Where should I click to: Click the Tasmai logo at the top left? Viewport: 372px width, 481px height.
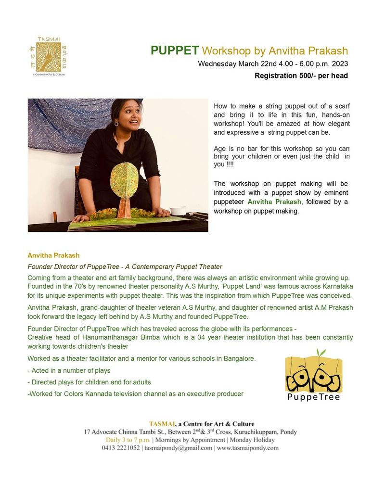click(x=48, y=56)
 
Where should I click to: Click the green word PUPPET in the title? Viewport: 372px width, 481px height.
click(x=175, y=51)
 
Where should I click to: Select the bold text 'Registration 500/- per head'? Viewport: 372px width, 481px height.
click(x=301, y=76)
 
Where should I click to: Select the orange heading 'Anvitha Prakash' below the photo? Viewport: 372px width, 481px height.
click(x=53, y=255)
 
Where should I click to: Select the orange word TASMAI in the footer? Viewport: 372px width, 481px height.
click(x=162, y=424)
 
